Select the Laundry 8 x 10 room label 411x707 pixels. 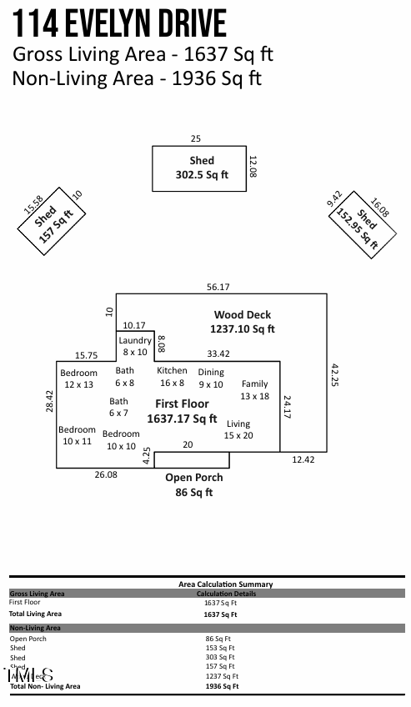[x=135, y=346]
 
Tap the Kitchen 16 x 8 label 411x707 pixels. [x=172, y=377]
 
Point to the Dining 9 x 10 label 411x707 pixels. [x=211, y=379]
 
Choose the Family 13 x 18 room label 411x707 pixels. [x=255, y=390]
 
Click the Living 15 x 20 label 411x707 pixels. [x=238, y=429]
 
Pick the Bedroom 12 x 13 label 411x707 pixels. [x=78, y=379]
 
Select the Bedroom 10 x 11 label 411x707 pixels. [x=77, y=435]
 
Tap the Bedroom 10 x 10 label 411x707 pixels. [x=121, y=440]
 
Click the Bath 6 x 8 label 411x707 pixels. [x=124, y=377]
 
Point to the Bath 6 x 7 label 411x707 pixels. [x=118, y=407]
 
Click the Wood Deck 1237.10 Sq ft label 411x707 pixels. [x=243, y=322]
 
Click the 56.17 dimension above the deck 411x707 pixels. [x=218, y=287]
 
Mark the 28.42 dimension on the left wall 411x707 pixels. [x=49, y=400]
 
